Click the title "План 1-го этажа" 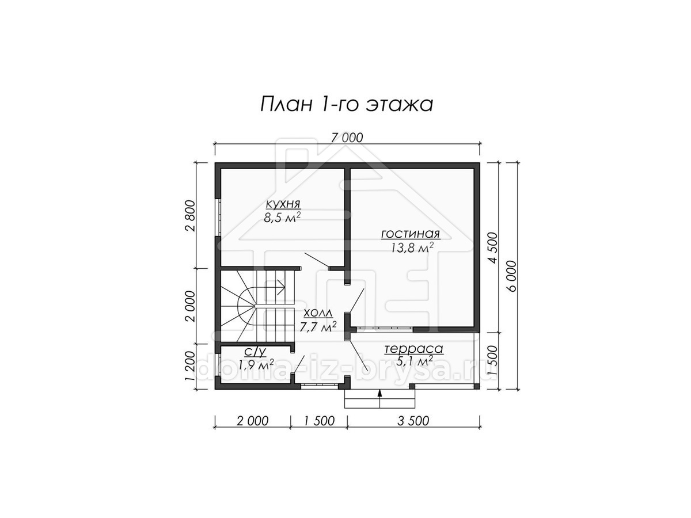(x=347, y=104)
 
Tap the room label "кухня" (x=283, y=204)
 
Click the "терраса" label (x=413, y=349)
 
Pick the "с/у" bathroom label (x=256, y=352)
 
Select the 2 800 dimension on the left (x=191, y=215)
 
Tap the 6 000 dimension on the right (x=511, y=276)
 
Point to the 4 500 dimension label (x=493, y=248)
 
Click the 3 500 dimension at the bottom (x=413, y=421)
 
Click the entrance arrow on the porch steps (x=379, y=398)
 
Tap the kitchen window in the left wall (x=218, y=217)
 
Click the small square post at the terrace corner (x=477, y=387)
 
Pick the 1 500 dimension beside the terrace (x=493, y=360)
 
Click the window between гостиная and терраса (x=385, y=329)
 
